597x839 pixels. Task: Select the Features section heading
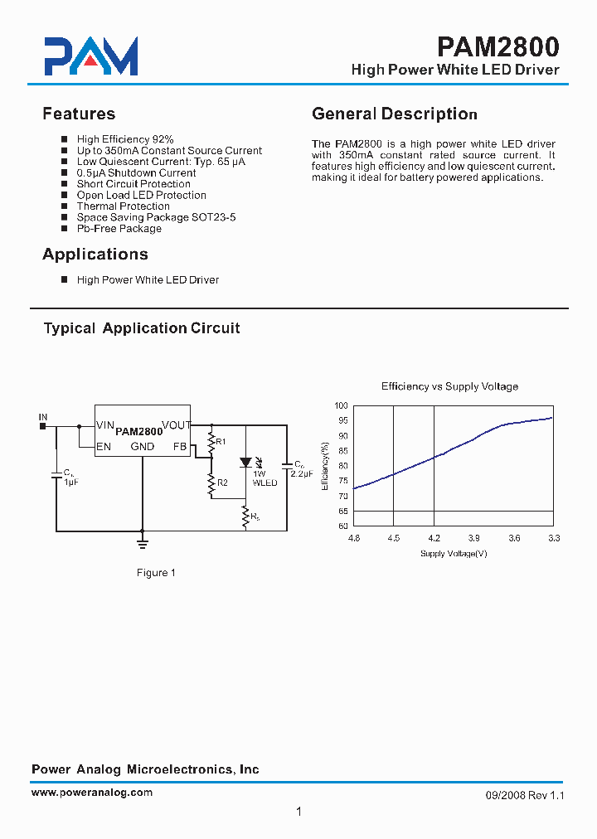pyautogui.click(x=79, y=114)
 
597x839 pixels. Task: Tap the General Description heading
pyautogui.click(x=394, y=114)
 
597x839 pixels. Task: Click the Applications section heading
pyautogui.click(x=95, y=254)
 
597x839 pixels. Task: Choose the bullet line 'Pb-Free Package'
pyautogui.click(x=119, y=228)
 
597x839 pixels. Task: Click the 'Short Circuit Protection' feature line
pyautogui.click(x=133, y=184)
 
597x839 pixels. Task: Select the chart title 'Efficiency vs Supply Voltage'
pyautogui.click(x=449, y=386)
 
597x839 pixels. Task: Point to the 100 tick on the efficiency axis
pyautogui.click(x=342, y=405)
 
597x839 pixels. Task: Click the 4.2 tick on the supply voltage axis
pyautogui.click(x=434, y=538)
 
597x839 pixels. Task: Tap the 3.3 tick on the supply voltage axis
pyautogui.click(x=554, y=538)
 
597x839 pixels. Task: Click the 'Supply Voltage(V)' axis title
pyautogui.click(x=453, y=553)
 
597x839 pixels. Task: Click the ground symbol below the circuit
pyautogui.click(x=143, y=542)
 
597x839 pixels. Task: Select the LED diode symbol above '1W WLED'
pyautogui.click(x=245, y=463)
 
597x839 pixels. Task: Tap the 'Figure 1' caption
pyautogui.click(x=156, y=573)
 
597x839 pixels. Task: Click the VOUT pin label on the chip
pyautogui.click(x=176, y=425)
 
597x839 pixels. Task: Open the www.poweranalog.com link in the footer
pyautogui.click(x=92, y=793)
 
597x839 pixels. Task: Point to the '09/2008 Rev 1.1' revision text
pyautogui.click(x=524, y=795)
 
